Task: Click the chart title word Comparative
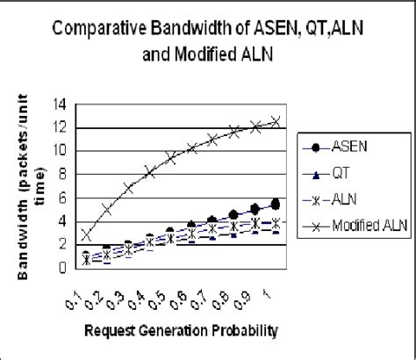click(97, 26)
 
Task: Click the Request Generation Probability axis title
click(181, 331)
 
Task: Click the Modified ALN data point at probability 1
click(276, 121)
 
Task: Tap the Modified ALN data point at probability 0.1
click(86, 234)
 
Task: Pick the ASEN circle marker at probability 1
click(276, 204)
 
